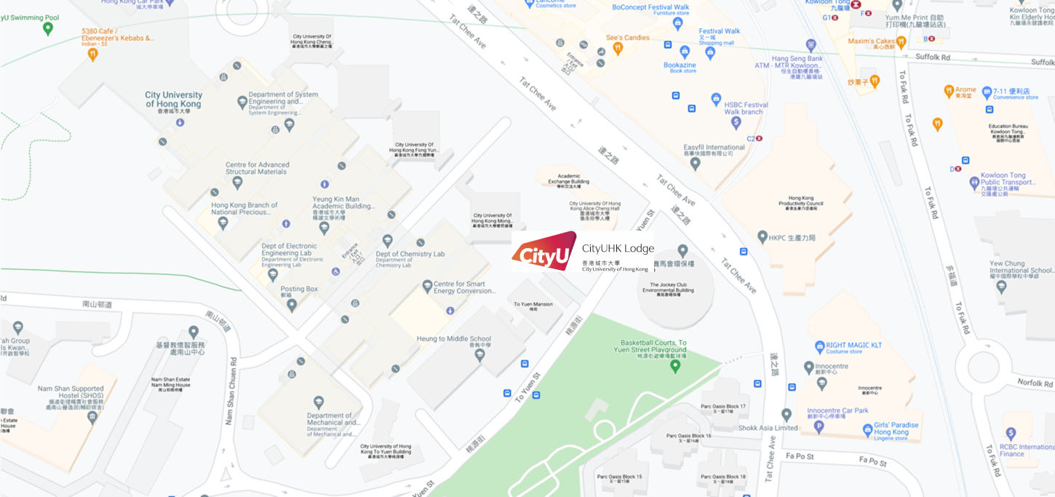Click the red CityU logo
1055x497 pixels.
coord(544,251)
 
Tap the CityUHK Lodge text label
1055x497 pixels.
coord(618,249)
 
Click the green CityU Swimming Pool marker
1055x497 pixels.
coord(48,28)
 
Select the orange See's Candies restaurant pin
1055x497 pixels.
coord(618,49)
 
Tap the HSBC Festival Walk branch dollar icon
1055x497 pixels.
coord(736,122)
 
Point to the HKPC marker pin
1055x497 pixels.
coord(763,237)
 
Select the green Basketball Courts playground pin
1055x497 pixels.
coord(675,365)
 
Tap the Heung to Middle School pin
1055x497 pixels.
coord(479,355)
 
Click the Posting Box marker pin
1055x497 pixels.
coord(292,305)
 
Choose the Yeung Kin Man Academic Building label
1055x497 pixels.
coord(346,202)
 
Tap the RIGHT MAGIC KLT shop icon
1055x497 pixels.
coord(821,347)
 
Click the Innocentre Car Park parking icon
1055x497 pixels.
coord(819,427)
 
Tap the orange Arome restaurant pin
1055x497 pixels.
coord(949,91)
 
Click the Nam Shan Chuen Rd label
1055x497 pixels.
coord(231,390)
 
